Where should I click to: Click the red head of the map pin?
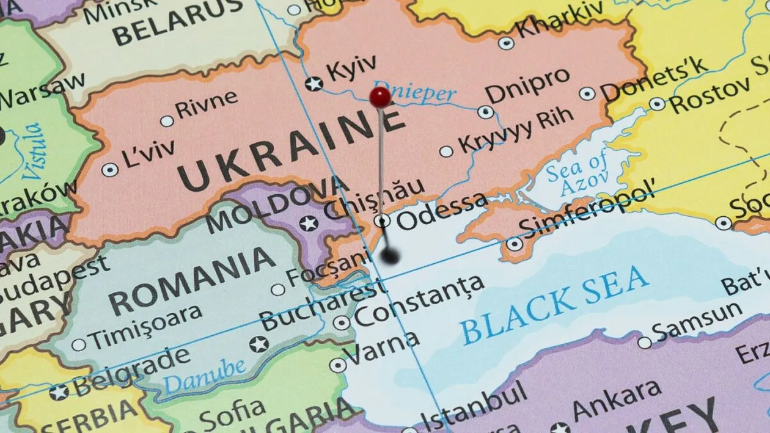[x=380, y=96]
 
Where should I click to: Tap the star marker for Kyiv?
[x=314, y=83]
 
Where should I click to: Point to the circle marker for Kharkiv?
[x=506, y=43]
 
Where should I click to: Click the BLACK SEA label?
[x=555, y=305]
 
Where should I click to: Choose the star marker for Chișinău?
[x=309, y=224]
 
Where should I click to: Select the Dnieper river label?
[x=415, y=92]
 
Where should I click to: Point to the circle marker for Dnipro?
[x=486, y=112]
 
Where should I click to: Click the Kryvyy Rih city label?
[x=516, y=130]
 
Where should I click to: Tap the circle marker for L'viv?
[x=110, y=170]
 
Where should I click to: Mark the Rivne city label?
[x=207, y=104]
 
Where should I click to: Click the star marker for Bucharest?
[x=259, y=344]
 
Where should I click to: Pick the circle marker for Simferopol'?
[x=515, y=244]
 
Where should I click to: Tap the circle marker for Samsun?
[x=645, y=343]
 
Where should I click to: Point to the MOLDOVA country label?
[x=276, y=204]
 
